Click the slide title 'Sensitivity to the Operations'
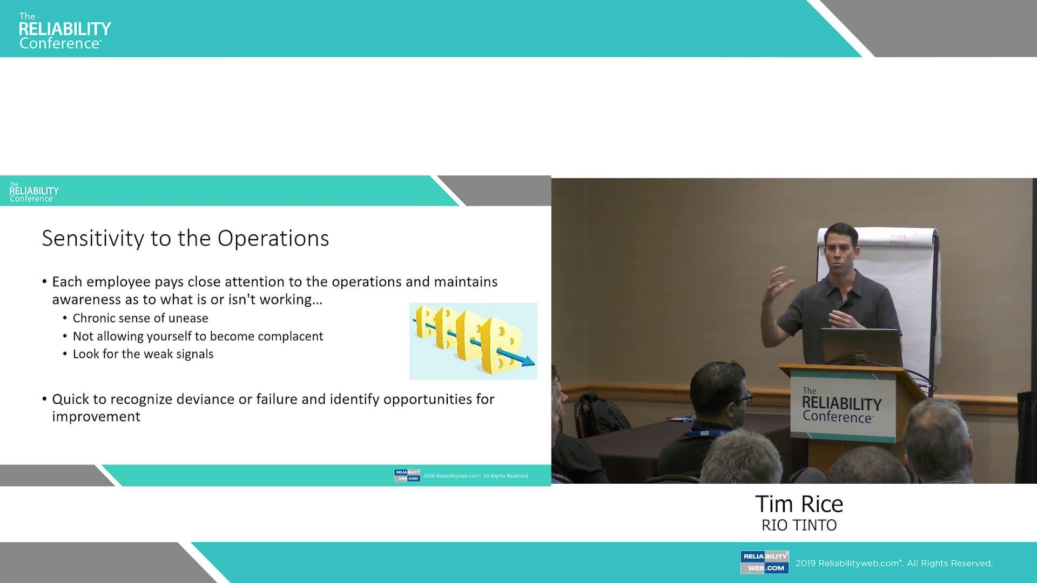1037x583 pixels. click(x=185, y=238)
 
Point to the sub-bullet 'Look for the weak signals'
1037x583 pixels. click(x=143, y=354)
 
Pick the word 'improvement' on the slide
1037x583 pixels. click(x=96, y=417)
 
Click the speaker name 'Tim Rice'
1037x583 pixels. click(x=799, y=504)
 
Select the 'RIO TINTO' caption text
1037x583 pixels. click(x=799, y=525)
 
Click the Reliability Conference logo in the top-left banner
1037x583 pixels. click(x=65, y=31)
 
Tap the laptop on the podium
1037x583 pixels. click(x=860, y=347)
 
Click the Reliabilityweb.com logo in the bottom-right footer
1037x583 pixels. click(x=764, y=562)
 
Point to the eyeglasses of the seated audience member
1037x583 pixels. click(x=744, y=398)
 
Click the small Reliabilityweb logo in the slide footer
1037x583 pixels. click(x=407, y=476)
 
